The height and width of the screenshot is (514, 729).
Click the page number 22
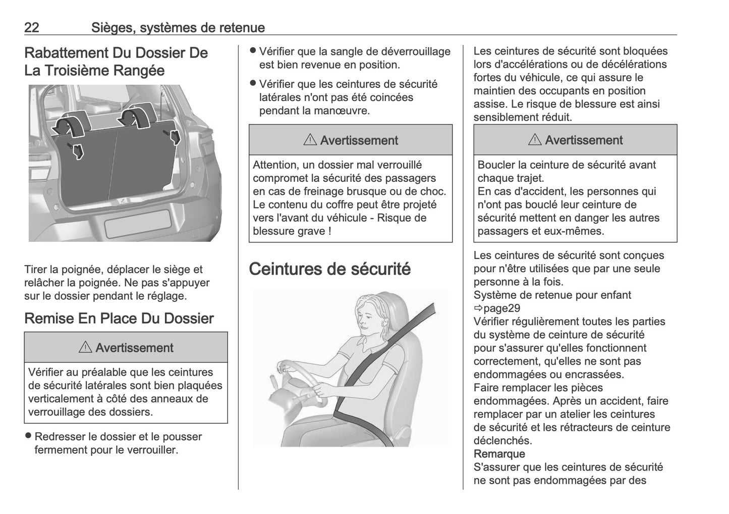[x=32, y=27]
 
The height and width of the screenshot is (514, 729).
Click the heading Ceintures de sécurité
[x=329, y=269]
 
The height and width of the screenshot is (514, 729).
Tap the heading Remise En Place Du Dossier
[x=119, y=318]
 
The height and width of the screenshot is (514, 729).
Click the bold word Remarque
[x=499, y=453]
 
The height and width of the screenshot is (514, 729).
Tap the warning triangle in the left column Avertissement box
[x=85, y=347]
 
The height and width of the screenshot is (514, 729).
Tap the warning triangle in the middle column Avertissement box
[x=310, y=140]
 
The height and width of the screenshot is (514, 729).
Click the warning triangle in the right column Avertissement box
[x=535, y=140]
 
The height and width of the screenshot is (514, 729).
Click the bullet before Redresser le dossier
[x=29, y=436]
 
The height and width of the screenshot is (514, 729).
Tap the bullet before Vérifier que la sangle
[x=253, y=51]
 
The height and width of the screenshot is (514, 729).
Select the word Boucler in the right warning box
[x=495, y=165]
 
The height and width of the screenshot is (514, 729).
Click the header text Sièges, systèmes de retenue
[x=178, y=27]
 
